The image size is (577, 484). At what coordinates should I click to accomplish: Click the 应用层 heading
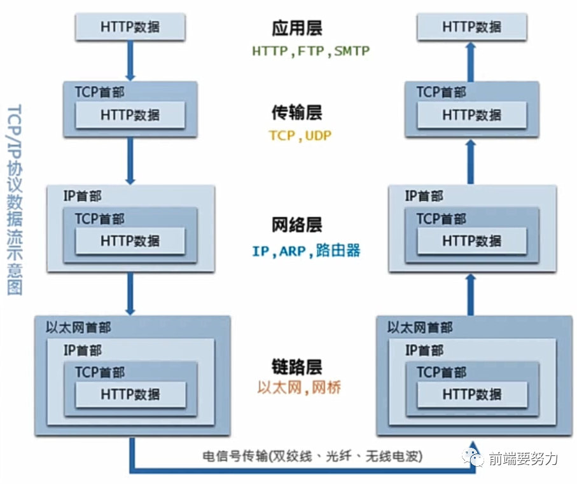(x=296, y=28)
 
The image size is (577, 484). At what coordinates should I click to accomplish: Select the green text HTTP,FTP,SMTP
(x=311, y=52)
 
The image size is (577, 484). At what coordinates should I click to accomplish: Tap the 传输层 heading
(x=296, y=113)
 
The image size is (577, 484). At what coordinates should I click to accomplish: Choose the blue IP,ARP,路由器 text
(x=306, y=251)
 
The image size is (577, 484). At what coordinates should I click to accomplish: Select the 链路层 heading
(x=296, y=367)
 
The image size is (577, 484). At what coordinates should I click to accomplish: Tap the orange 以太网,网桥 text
(x=299, y=387)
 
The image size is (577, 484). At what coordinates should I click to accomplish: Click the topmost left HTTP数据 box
(x=130, y=27)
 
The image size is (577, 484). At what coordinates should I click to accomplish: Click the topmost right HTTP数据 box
(x=472, y=27)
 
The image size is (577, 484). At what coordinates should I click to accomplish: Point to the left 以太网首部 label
(x=79, y=328)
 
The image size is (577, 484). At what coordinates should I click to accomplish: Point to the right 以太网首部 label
(x=421, y=328)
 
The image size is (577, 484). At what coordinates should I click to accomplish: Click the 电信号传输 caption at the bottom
(x=312, y=457)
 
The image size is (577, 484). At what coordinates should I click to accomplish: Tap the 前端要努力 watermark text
(x=523, y=458)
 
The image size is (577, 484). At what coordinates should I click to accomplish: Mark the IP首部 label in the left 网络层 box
(x=82, y=197)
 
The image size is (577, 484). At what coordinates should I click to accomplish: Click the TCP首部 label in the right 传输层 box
(x=441, y=92)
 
